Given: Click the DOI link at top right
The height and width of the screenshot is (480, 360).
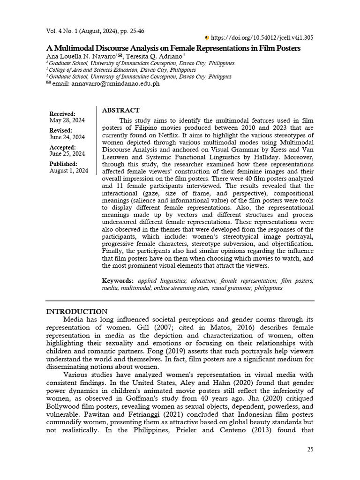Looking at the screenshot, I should (x=263, y=38).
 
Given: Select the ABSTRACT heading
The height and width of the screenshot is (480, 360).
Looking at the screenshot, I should (x=120, y=110).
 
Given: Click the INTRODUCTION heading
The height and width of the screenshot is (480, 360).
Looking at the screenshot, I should (x=77, y=312).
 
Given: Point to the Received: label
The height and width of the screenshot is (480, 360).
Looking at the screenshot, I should (x=62, y=114).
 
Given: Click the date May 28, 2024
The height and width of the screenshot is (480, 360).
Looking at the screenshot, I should (x=67, y=120).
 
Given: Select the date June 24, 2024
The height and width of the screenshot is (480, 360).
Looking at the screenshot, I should (x=67, y=137).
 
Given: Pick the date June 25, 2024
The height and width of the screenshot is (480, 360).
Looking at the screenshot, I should (x=67, y=154).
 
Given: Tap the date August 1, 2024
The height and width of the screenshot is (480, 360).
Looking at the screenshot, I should (x=69, y=171).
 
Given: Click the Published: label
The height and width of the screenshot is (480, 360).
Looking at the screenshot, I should (x=64, y=164).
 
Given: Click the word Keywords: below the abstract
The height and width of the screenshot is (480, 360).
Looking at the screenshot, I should (x=118, y=281).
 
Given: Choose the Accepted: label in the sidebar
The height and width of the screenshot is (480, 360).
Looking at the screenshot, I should (x=63, y=147).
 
